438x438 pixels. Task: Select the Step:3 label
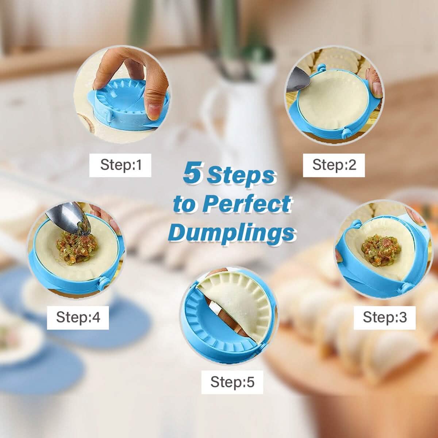tap(384, 317)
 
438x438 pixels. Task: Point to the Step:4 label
tap(78, 317)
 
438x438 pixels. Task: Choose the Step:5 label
tap(232, 382)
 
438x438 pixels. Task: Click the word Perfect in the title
tap(247, 204)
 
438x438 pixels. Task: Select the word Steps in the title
tap(241, 175)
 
